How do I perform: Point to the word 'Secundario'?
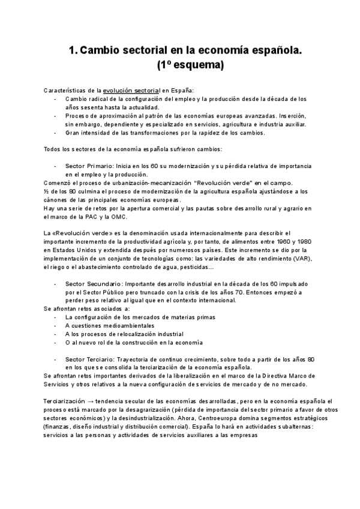pyautogui.click(x=101, y=283)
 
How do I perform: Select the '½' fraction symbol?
pyautogui.click(x=46, y=191)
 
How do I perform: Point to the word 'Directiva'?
pyautogui.click(x=267, y=376)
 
